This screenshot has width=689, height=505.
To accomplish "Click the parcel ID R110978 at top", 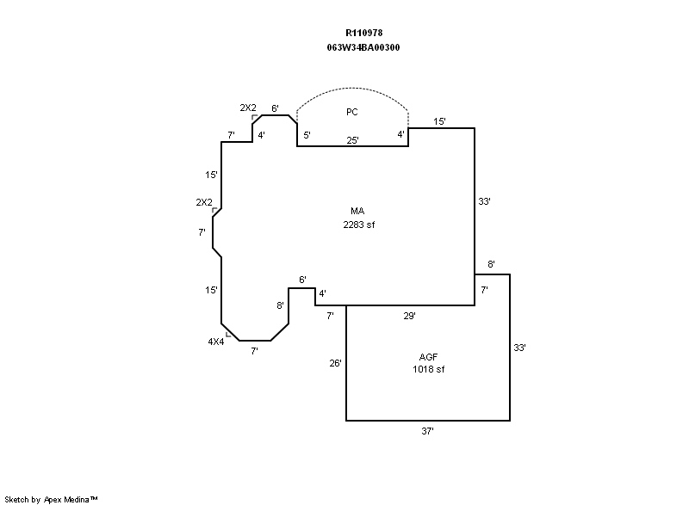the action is click(x=363, y=33).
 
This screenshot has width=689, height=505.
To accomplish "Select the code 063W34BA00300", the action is click(x=363, y=47).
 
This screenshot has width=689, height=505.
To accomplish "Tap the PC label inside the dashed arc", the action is click(x=352, y=113).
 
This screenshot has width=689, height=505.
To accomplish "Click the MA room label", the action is click(x=357, y=211).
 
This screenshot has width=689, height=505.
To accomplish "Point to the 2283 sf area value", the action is click(x=359, y=225).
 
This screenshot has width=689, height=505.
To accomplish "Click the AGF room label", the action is click(x=428, y=357).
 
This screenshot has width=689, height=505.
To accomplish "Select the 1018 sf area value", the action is click(x=428, y=369).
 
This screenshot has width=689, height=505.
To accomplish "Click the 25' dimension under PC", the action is click(x=352, y=140).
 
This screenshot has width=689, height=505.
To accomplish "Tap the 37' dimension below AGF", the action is click(x=427, y=431).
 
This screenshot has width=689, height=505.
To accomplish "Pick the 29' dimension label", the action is click(x=410, y=316).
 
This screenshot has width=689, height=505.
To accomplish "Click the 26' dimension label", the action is click(x=335, y=363).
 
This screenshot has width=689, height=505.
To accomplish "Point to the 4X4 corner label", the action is click(x=216, y=342).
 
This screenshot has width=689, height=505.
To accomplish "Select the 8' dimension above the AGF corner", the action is click(x=491, y=264).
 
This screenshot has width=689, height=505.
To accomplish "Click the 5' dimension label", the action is click(x=307, y=135).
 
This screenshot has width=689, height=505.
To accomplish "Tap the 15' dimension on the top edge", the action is click(x=439, y=121).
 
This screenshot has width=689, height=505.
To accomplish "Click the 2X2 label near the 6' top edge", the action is click(x=248, y=108).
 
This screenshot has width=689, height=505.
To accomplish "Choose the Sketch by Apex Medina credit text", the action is click(x=51, y=499).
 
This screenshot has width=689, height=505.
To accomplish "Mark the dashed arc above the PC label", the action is click(x=352, y=88).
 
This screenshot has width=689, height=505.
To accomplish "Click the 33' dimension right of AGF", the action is click(x=519, y=348).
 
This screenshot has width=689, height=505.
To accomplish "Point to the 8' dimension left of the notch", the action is click(x=280, y=305).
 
